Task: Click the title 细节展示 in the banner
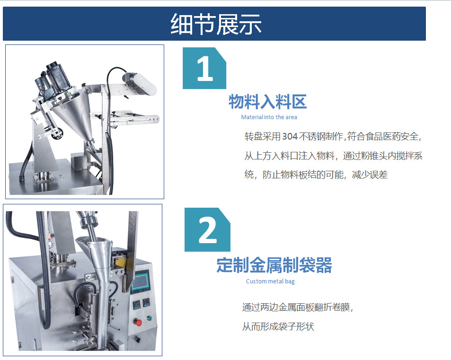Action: coord(216,24)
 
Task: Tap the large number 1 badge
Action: coord(204,68)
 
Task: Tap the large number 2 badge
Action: coord(207,230)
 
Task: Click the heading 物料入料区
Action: coord(267,102)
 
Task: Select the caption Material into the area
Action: coord(269,117)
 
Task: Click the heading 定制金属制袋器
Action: coord(274,265)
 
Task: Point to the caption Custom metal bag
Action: coord(270,281)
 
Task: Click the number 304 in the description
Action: coord(290,136)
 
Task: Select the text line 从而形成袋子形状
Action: coord(278,326)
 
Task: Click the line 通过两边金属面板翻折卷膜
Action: coord(297,307)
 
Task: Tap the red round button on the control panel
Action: coord(138,322)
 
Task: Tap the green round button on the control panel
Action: coord(149,318)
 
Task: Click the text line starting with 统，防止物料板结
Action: coord(316,175)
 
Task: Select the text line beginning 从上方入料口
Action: coord(333,156)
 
